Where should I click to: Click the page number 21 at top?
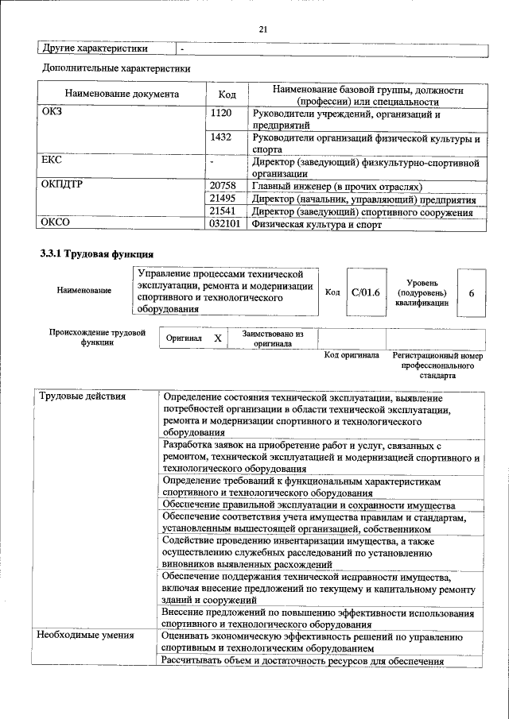point(263,29)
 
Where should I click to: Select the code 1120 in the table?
point(221,114)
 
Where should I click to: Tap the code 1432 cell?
point(221,137)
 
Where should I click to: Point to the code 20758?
point(223,186)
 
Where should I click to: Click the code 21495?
point(223,199)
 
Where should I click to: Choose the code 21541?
point(223,211)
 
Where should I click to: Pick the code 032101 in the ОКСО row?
point(225,225)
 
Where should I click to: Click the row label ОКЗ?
point(52,114)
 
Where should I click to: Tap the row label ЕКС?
point(52,160)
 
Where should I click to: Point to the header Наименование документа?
point(122,95)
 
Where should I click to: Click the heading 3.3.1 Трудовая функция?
point(97,254)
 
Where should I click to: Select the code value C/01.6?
point(366,292)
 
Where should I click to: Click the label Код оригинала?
point(352,355)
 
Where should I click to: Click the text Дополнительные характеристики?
point(115,68)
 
